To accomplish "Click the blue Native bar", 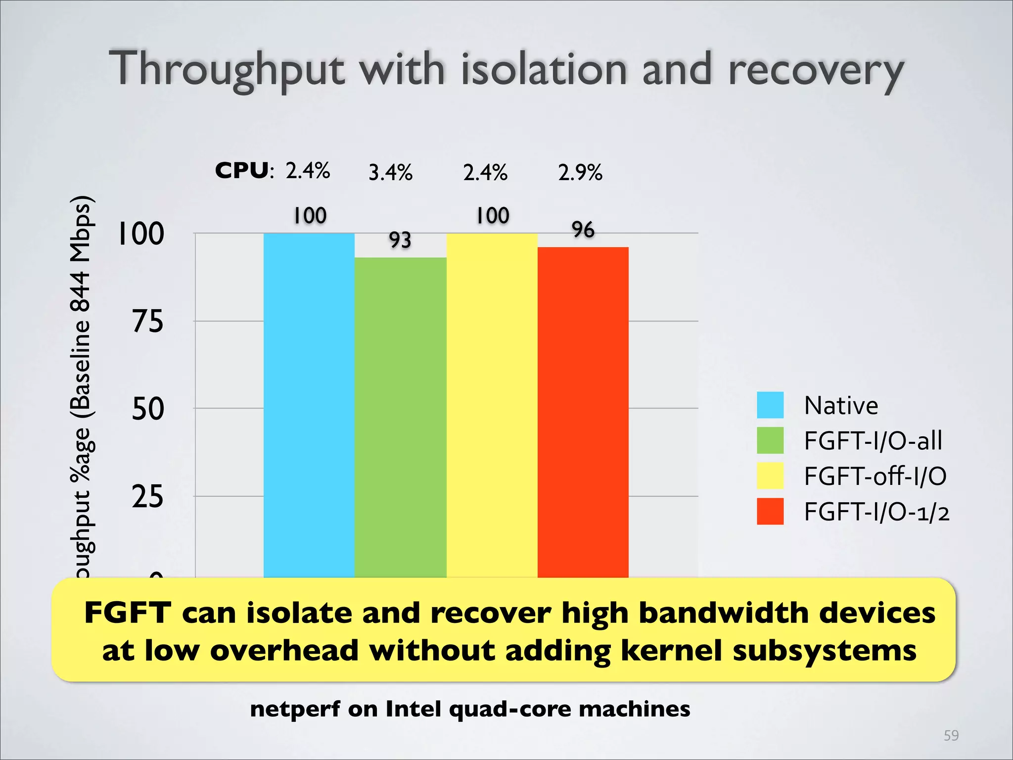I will click(309, 406).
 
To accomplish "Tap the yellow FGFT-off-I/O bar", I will click(492, 406).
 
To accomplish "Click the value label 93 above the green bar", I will click(400, 240).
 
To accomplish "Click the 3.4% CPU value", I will click(390, 173).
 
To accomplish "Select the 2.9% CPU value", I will click(580, 173).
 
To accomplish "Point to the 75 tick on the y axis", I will click(147, 322).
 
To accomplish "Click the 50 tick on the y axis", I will click(147, 409).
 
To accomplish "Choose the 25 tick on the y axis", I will click(147, 497).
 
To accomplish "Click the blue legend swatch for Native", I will click(770, 405).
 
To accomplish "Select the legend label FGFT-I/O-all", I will click(873, 440).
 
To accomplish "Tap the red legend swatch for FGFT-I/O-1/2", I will click(770, 511).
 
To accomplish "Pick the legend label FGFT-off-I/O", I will click(875, 476).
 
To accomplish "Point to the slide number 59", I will click(951, 735).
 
